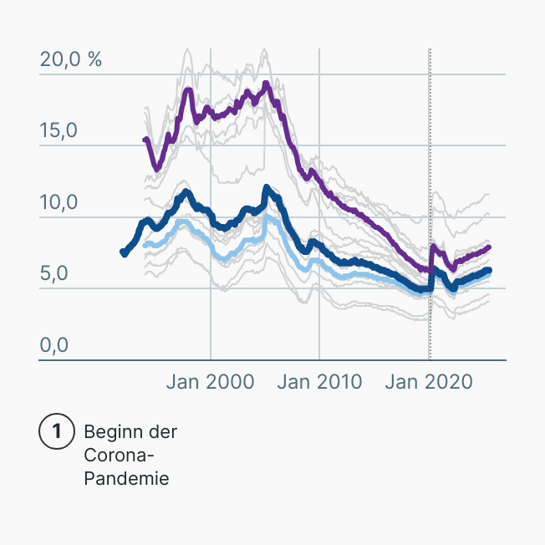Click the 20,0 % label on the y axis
click(70, 60)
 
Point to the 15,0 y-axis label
click(58, 131)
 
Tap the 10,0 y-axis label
click(58, 203)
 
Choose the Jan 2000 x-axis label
click(210, 382)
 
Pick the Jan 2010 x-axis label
click(319, 382)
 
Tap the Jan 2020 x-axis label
click(429, 382)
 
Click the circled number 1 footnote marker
click(57, 432)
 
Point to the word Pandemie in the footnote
click(126, 479)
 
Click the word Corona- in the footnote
click(120, 456)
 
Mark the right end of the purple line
click(489, 247)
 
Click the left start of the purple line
click(145, 140)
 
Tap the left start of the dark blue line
click(124, 252)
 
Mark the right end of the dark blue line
click(489, 270)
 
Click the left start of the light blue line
click(145, 244)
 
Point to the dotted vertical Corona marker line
click(430, 167)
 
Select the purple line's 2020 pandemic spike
click(432, 246)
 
